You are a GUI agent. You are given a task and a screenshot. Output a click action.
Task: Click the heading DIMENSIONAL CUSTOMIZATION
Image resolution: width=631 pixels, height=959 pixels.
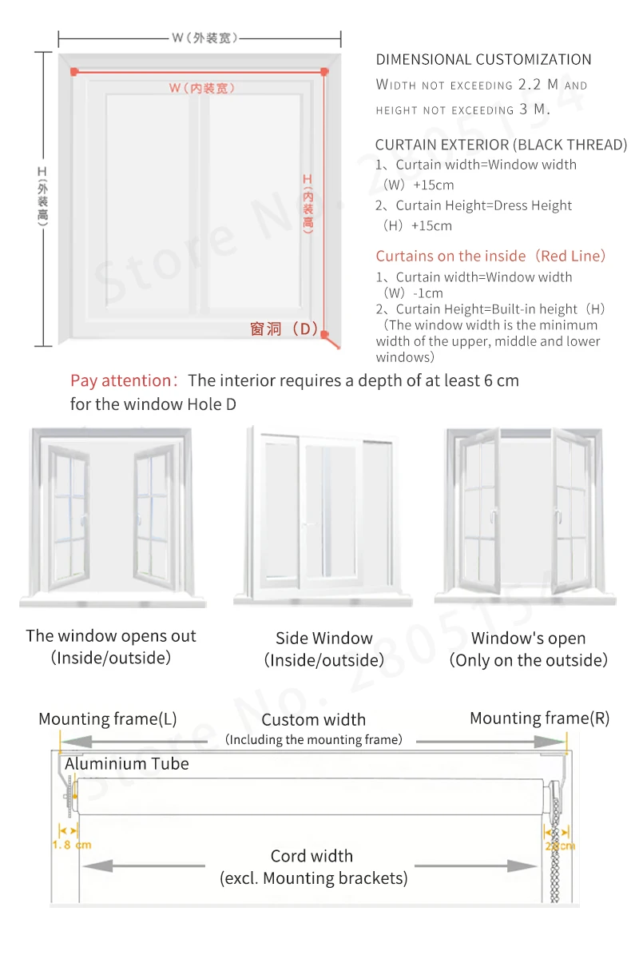[483, 59]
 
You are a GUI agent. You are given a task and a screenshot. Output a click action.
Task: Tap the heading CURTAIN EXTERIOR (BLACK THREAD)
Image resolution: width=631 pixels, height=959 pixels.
[501, 145]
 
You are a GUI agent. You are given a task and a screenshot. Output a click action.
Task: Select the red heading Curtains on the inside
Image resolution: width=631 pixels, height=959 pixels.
[490, 256]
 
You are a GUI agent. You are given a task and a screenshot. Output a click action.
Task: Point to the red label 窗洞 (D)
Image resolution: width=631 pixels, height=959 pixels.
[284, 328]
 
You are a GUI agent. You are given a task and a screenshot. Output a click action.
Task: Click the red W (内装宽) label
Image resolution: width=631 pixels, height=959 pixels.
[201, 88]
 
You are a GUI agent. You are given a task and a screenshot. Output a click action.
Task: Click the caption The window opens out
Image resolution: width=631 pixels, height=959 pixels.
[111, 636]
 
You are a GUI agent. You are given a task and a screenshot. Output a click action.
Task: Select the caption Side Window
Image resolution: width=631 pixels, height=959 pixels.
[324, 639]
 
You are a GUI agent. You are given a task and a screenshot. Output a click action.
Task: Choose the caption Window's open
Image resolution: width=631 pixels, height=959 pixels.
[528, 639]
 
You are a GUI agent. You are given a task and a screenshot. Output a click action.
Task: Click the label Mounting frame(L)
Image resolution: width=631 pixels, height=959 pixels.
[108, 719]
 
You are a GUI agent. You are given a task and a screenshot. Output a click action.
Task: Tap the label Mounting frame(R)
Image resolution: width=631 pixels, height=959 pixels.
[539, 718]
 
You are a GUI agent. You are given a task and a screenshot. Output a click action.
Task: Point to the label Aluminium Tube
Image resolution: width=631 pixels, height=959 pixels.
[127, 764]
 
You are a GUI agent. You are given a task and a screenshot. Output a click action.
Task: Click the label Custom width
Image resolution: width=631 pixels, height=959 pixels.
[313, 720]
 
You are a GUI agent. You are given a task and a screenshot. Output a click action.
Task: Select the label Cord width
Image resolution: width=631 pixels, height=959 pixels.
[312, 856]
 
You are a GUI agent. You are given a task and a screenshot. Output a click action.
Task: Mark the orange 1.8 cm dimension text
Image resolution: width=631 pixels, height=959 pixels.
[71, 845]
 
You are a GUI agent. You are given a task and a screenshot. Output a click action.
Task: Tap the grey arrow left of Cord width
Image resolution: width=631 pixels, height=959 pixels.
[144, 865]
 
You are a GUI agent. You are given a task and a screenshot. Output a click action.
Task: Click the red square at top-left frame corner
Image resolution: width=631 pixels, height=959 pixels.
[73, 72]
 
